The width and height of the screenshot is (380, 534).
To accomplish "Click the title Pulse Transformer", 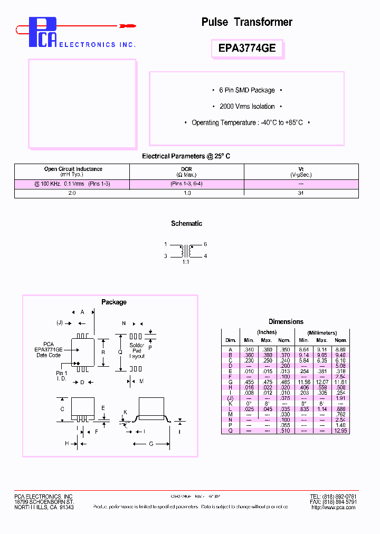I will pos(246,22).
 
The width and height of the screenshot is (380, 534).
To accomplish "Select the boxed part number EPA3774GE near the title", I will pos(246,49).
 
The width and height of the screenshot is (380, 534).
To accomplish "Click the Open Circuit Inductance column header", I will pos(73,171).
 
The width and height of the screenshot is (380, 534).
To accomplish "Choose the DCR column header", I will pos(186,171).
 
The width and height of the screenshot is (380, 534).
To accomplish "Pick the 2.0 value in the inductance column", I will pos(72,194).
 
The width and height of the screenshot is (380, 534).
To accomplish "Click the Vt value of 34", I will pos(301,194).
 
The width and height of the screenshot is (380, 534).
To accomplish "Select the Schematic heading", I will pos(186,224).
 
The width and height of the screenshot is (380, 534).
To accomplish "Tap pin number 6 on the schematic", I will pos(205,245).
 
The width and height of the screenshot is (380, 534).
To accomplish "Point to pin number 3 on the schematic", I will pos(166,256).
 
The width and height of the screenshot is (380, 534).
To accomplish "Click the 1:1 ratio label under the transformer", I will pos(186,262).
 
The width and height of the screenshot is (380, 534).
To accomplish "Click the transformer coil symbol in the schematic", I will pos(186,250).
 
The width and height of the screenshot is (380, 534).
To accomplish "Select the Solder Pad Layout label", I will pos(137,351).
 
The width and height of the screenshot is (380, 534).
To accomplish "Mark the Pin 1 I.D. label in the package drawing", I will pos(62,376).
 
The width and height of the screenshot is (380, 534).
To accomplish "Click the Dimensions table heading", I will pos(286,321).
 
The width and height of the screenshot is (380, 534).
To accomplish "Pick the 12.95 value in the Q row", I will pos(340,431).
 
